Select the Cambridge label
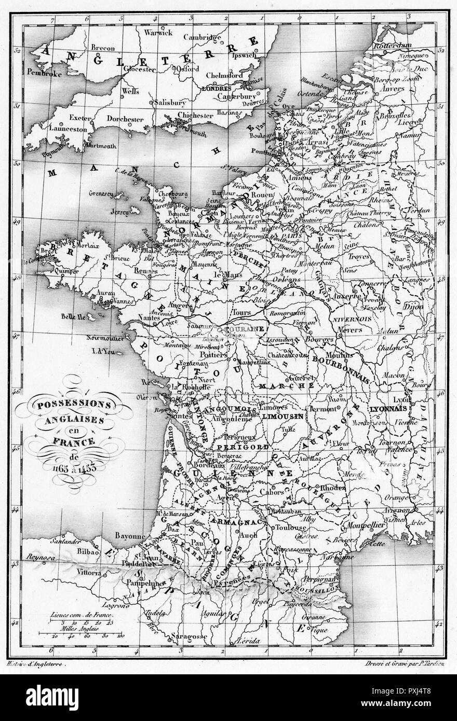pyautogui.click(x=206, y=37)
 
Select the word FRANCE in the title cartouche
pyautogui.click(x=74, y=442)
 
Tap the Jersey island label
pyautogui.click(x=121, y=212)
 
